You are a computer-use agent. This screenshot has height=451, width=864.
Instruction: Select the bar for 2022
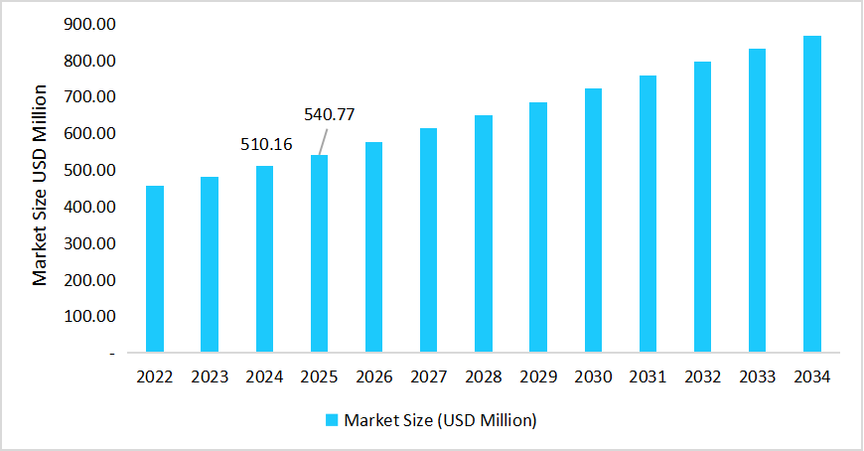(155, 268)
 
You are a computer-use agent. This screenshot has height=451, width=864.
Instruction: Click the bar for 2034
(812, 194)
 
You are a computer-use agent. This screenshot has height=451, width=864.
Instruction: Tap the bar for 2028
(484, 233)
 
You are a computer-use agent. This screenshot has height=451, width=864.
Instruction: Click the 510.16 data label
(266, 145)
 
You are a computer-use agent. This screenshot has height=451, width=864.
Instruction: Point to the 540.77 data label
(329, 114)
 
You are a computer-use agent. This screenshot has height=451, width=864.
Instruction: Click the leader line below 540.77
(325, 140)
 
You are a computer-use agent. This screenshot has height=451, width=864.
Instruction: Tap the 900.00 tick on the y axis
(88, 24)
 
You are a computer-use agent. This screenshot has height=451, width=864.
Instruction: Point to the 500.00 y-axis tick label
(88, 170)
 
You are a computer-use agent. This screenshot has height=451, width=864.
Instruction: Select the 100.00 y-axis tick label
(88, 316)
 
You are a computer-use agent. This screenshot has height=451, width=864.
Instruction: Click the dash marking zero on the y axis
(112, 353)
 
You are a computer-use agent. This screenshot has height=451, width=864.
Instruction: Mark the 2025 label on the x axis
(319, 377)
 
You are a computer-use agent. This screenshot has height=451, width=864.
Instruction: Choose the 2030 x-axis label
(593, 377)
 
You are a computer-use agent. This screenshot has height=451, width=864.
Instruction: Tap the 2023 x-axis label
(210, 377)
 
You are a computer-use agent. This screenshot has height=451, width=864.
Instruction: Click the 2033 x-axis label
(758, 377)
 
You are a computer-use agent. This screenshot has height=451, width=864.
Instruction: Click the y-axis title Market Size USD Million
(40, 186)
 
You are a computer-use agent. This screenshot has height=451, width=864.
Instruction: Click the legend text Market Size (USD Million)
(440, 420)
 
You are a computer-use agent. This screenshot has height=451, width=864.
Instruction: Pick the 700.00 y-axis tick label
(88, 97)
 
